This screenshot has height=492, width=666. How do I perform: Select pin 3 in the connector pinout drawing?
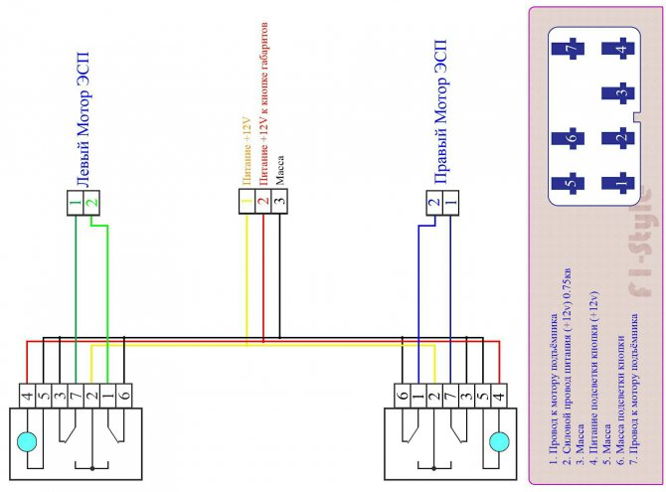(x=621, y=95)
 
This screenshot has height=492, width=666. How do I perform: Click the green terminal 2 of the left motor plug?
(x=91, y=205)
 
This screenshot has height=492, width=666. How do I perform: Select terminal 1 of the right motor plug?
(x=450, y=205)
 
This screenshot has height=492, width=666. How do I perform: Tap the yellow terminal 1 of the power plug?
(x=246, y=205)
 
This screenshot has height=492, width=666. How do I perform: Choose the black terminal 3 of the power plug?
(x=279, y=205)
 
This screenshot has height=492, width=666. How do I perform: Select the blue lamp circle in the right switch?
(x=500, y=438)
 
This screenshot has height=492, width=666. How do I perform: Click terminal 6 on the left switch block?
(x=123, y=394)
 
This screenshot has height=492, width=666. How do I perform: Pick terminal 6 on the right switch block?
(x=401, y=394)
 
